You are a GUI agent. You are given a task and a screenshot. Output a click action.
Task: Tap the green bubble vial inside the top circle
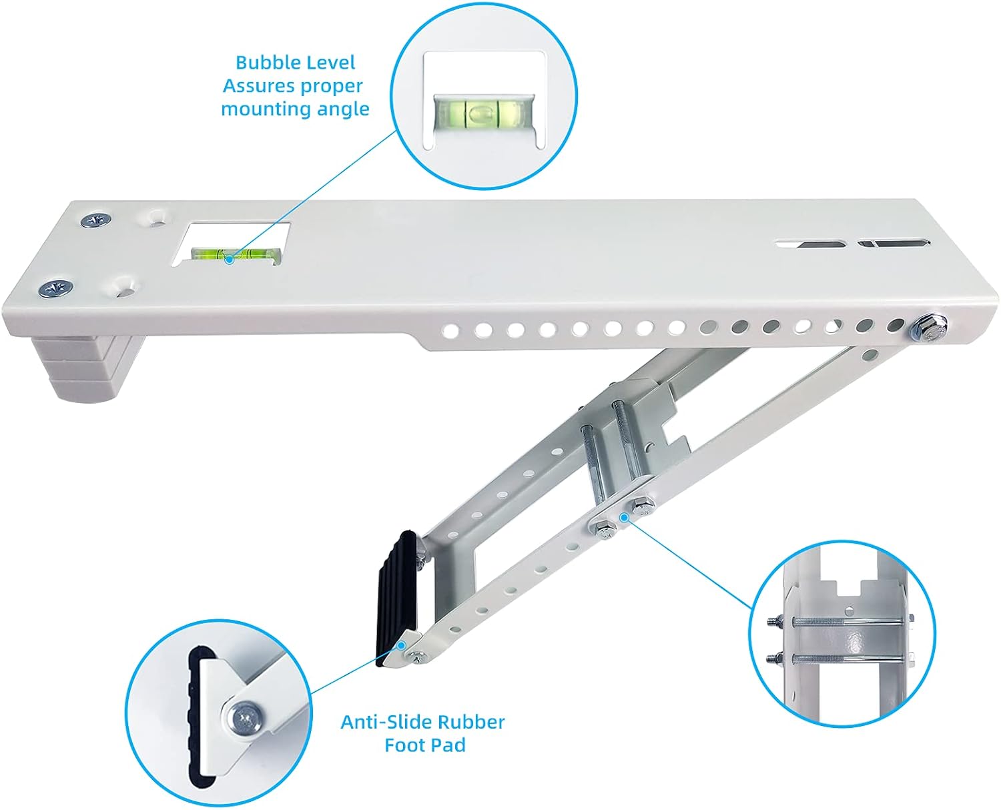coord(484,113)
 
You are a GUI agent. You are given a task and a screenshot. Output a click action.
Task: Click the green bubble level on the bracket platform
coord(236,255)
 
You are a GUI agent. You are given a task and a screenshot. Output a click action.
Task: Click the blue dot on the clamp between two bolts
coord(624,517)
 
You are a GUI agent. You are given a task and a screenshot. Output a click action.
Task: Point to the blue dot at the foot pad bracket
coord(401,645)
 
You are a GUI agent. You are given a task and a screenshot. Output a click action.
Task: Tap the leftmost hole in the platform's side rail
coord(450,332)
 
